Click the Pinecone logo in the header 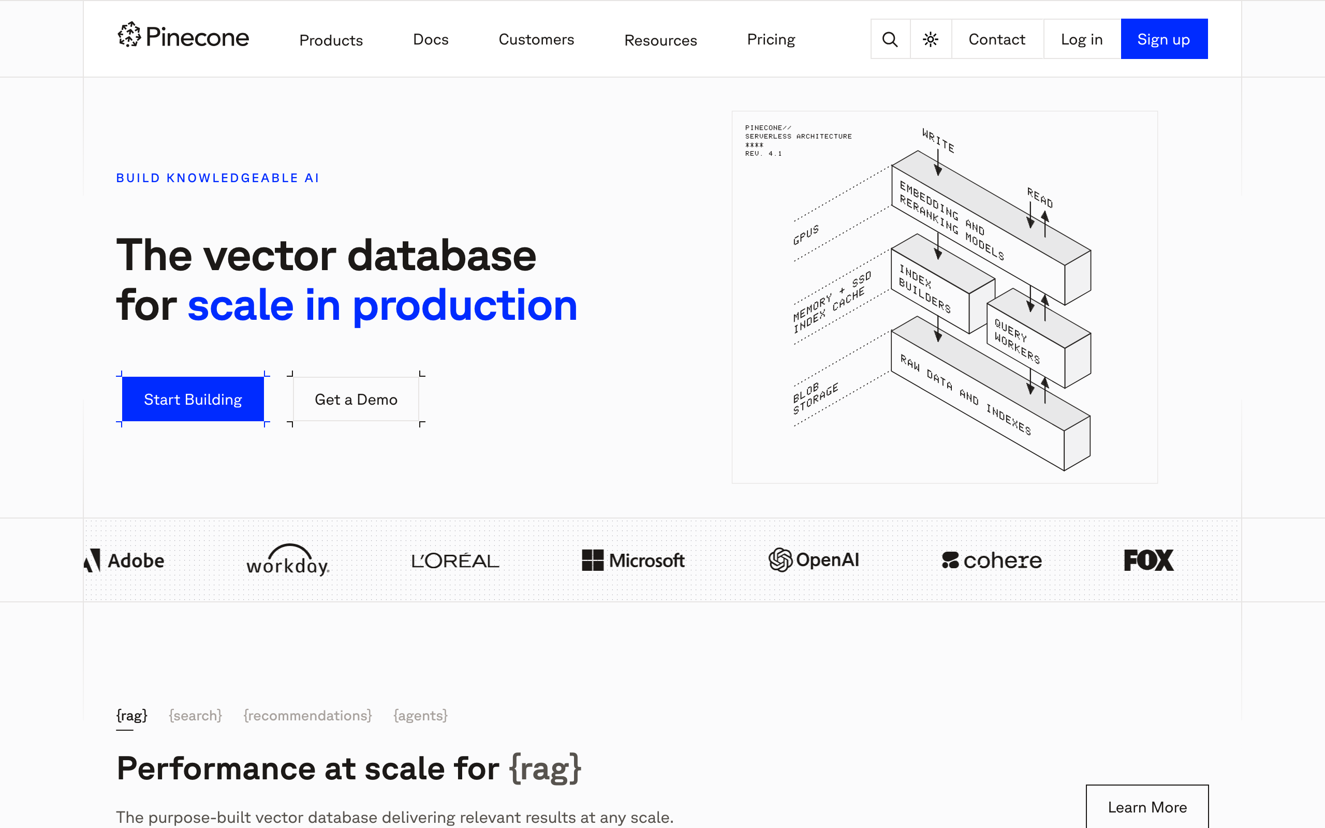pyautogui.click(x=183, y=36)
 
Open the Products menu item pyautogui.click(x=331, y=40)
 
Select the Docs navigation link pyautogui.click(x=430, y=39)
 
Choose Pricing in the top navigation pyautogui.click(x=770, y=39)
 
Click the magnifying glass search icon pyautogui.click(x=890, y=39)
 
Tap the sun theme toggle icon pyautogui.click(x=930, y=39)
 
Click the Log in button pyautogui.click(x=1081, y=39)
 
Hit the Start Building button pyautogui.click(x=193, y=399)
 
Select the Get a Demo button pyautogui.click(x=356, y=399)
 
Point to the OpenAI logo pyautogui.click(x=814, y=559)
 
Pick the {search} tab pyautogui.click(x=196, y=715)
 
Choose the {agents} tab pyautogui.click(x=420, y=715)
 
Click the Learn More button pyautogui.click(x=1147, y=807)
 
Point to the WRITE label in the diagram pyautogui.click(x=938, y=141)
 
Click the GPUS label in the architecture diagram pyautogui.click(x=806, y=234)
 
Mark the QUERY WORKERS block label pyautogui.click(x=1017, y=341)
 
